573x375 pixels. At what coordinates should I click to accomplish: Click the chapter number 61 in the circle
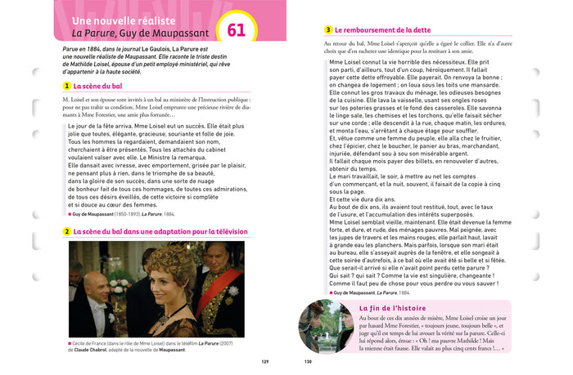coord(236,30)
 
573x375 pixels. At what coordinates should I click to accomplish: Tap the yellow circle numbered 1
coord(67,86)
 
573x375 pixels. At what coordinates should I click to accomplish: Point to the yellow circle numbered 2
coord(67,232)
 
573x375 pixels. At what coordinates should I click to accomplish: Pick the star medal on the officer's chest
coord(232,291)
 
